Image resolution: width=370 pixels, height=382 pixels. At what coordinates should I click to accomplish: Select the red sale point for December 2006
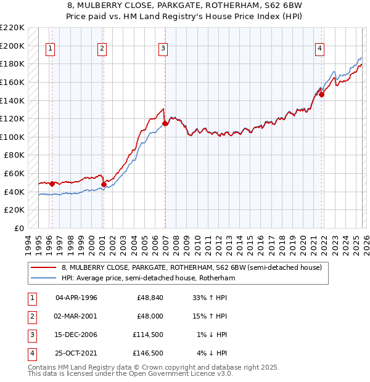pyautogui.click(x=165, y=123)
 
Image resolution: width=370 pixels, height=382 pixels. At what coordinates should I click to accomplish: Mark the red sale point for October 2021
pyautogui.click(x=322, y=94)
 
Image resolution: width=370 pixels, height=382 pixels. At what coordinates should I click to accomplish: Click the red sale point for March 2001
pyautogui.click(x=104, y=184)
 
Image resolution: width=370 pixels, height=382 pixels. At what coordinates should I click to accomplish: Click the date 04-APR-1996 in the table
pyautogui.click(x=76, y=298)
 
